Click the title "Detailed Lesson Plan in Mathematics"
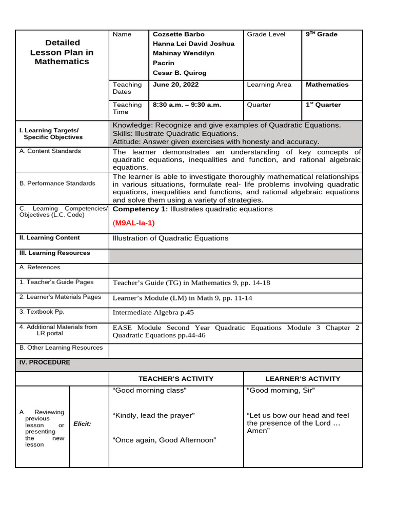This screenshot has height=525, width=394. (x=62, y=52)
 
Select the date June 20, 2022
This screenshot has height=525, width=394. (x=175, y=85)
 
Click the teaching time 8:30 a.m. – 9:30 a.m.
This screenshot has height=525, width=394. (x=187, y=105)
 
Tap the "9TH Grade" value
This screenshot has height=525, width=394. (x=322, y=34)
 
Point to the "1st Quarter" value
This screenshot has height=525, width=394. (x=323, y=105)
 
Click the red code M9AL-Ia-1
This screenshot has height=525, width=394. (x=134, y=223)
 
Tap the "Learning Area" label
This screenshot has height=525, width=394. (x=269, y=85)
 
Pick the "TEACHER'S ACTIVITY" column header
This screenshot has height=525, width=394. (x=176, y=379)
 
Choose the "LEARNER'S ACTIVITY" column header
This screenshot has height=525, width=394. (x=303, y=379)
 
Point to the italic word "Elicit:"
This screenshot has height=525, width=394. (x=82, y=424)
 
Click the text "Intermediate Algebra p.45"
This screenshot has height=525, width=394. (x=153, y=312)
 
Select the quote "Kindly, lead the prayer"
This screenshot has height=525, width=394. (x=153, y=415)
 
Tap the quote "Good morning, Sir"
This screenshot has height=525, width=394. (x=281, y=391)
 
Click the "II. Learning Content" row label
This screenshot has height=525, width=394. (x=49, y=238)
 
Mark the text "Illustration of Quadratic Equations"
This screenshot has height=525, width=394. (x=170, y=238)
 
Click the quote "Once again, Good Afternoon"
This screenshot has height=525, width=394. (x=164, y=440)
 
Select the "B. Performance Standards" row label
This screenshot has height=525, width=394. (x=57, y=184)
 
